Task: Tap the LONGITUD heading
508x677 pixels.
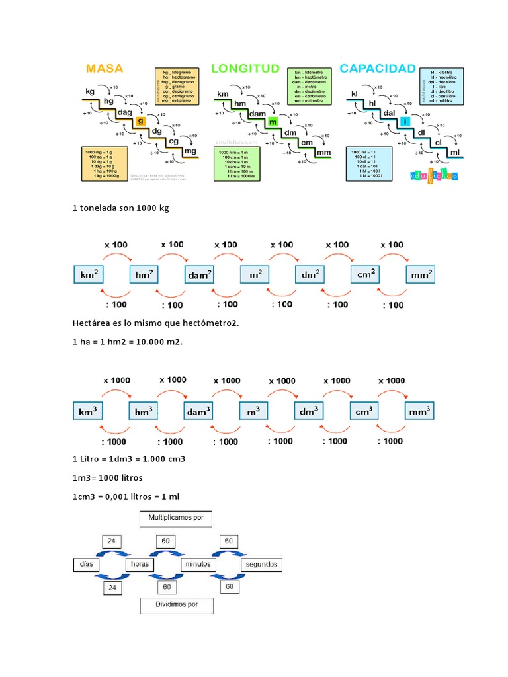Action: (x=245, y=69)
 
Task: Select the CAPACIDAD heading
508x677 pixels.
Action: (x=378, y=69)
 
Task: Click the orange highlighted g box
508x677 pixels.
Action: (x=140, y=122)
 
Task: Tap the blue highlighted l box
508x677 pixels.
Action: (x=404, y=122)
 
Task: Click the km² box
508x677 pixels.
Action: (x=89, y=274)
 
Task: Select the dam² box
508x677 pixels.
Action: (x=200, y=274)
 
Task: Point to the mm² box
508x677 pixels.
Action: (x=421, y=274)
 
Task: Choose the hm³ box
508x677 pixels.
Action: (x=144, y=411)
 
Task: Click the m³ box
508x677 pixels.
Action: (x=253, y=411)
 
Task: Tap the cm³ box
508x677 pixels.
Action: (x=364, y=411)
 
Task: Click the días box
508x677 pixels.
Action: (x=84, y=565)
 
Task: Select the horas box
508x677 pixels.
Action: (x=140, y=565)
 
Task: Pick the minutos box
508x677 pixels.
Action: (x=198, y=565)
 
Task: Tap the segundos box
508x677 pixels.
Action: (x=261, y=565)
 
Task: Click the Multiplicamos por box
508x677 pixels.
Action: (x=176, y=519)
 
